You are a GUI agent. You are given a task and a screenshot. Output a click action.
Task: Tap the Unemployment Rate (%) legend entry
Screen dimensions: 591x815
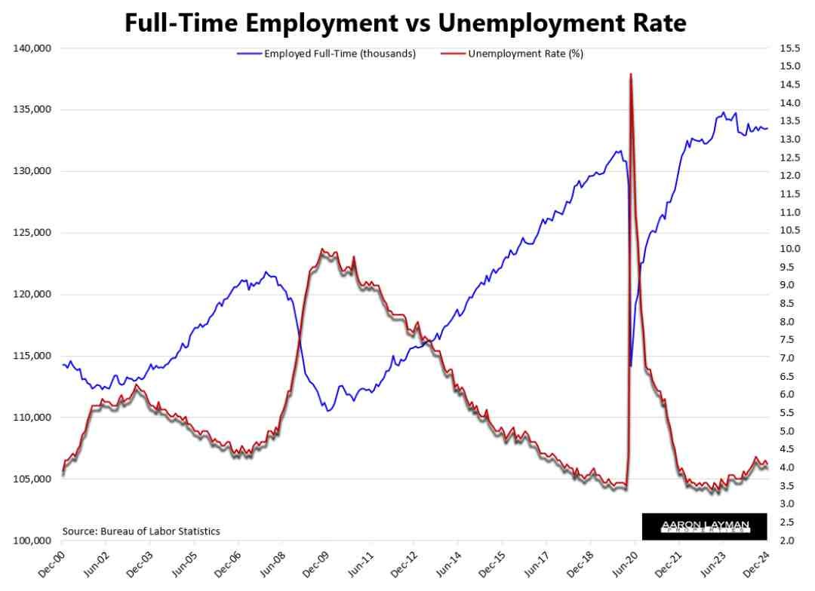(525, 54)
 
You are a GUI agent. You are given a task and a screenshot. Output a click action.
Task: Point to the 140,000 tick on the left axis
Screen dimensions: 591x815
(32, 48)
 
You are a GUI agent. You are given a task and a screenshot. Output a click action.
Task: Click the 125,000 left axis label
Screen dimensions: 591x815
(32, 233)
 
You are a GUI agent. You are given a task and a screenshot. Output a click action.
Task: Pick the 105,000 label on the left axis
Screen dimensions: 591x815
(32, 479)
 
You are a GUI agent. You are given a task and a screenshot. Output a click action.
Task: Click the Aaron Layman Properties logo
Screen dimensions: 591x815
(703, 525)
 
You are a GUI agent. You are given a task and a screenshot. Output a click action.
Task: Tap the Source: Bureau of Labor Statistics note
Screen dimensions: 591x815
(141, 531)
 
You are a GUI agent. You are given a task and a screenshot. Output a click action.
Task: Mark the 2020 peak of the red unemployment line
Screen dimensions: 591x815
(630, 74)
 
